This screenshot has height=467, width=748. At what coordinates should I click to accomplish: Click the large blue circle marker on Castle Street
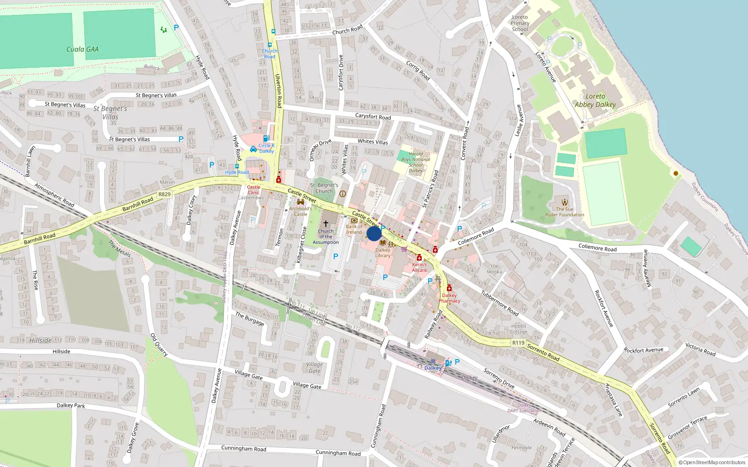(x=374, y=233)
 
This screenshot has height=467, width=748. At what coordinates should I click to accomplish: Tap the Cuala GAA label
(x=82, y=49)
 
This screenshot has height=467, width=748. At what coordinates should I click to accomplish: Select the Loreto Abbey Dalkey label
(x=595, y=100)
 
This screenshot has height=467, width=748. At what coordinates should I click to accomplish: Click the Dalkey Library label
(x=382, y=253)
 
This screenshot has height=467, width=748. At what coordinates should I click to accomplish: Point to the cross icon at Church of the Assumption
(x=326, y=224)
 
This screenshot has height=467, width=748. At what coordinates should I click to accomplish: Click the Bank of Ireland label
(x=354, y=229)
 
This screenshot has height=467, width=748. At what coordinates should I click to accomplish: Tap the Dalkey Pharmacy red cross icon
(x=449, y=288)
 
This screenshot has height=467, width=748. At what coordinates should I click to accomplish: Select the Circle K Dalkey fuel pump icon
(x=266, y=138)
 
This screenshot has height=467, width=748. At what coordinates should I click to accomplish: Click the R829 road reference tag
(x=164, y=194)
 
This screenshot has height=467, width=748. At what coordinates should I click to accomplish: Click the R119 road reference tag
(x=518, y=343)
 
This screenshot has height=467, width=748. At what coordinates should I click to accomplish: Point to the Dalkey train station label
(x=433, y=368)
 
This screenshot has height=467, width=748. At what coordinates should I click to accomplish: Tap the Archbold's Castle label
(x=300, y=211)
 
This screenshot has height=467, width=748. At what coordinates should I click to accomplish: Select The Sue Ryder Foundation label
(x=564, y=212)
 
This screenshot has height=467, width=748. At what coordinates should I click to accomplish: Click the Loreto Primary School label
(x=520, y=23)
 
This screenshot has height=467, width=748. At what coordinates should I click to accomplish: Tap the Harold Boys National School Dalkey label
(x=416, y=162)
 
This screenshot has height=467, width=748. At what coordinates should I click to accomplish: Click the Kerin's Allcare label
(x=419, y=267)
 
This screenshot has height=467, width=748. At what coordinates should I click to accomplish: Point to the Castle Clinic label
(x=253, y=190)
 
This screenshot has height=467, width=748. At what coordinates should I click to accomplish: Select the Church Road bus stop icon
(x=273, y=32)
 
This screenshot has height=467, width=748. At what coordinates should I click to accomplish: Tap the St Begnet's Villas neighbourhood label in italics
(x=110, y=113)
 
